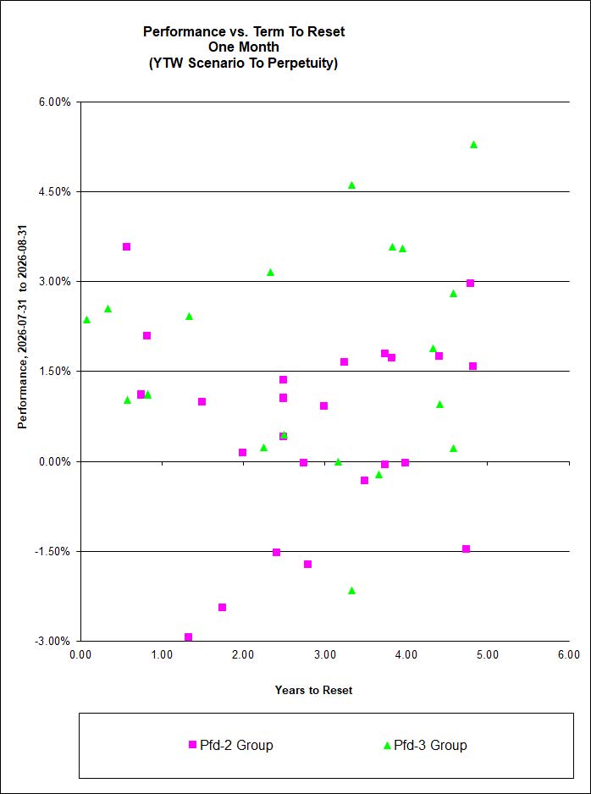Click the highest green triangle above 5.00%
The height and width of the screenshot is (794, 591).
point(473,144)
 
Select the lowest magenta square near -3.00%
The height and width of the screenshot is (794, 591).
point(188,637)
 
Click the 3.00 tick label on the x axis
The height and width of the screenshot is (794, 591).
point(324,654)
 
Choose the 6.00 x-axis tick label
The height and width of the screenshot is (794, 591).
point(569,654)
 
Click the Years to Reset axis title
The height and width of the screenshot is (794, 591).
point(313,690)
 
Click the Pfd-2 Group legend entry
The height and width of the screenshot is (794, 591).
point(230,746)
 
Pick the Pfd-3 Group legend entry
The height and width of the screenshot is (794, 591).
point(424,746)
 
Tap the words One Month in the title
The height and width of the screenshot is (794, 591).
point(244,48)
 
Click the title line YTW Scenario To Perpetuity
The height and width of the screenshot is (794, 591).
point(244,64)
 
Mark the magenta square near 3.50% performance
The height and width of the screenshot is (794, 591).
point(127,246)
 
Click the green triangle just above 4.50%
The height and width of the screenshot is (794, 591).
point(351,185)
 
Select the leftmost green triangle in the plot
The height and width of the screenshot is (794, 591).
point(86,319)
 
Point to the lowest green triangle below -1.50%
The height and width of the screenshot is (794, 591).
point(351,591)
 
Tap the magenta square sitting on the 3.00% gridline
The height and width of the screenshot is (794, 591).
point(470,283)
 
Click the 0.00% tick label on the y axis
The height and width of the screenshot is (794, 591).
point(57,461)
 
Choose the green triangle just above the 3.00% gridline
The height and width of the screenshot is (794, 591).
point(270,272)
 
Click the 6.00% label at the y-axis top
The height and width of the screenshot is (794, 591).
point(57,102)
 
